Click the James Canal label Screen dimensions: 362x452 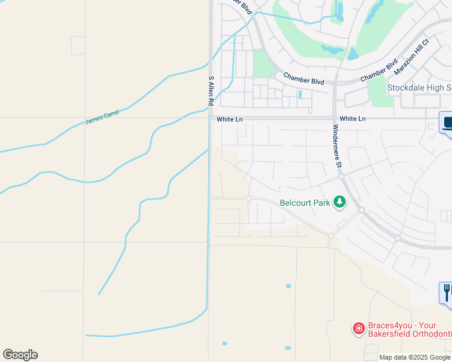click(x=102, y=117)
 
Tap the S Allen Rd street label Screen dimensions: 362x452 click(x=211, y=91)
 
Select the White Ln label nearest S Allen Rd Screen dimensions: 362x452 click(x=230, y=119)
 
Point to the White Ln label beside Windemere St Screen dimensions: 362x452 click(x=352, y=119)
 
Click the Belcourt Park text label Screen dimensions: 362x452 click(x=305, y=203)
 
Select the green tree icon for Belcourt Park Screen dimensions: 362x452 click(x=340, y=202)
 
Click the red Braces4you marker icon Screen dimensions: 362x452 click(x=358, y=328)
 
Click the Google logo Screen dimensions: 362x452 click(x=20, y=355)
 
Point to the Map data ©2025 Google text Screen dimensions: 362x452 click(x=415, y=357)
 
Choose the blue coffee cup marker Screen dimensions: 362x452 click(x=447, y=124)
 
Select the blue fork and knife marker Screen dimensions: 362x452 click(x=447, y=293)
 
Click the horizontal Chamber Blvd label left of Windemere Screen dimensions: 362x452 click(x=304, y=80)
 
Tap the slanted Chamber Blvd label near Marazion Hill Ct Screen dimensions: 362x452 click(x=378, y=70)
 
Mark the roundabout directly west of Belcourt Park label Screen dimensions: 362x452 click(x=248, y=198)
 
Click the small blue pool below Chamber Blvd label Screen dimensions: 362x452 click(x=300, y=94)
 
